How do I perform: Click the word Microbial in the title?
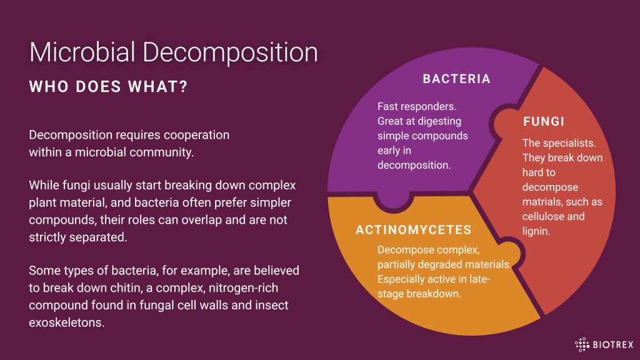(82, 52)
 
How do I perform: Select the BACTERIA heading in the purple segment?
(456, 79)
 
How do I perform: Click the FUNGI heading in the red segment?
(544, 121)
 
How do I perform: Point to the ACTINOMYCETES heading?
(414, 230)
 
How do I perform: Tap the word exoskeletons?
(66, 322)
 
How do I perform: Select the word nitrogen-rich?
(243, 288)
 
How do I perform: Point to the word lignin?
(536, 231)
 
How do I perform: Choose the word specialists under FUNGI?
(569, 143)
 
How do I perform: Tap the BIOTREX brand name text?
(612, 345)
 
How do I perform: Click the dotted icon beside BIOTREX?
(582, 345)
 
